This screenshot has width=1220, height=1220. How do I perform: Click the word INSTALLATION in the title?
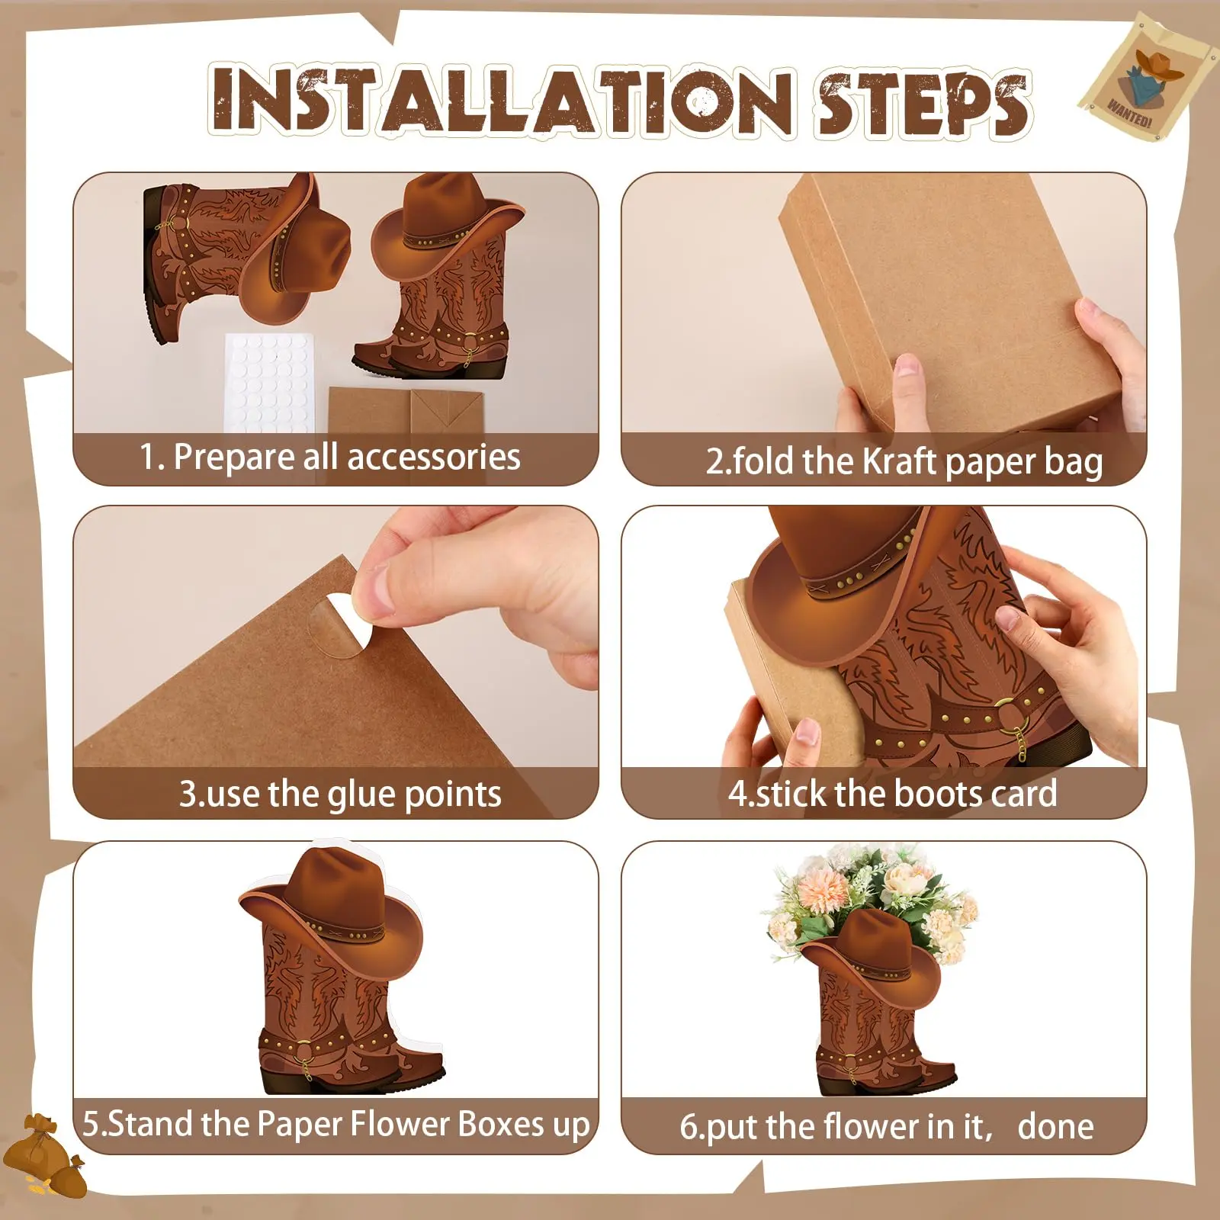tap(501, 101)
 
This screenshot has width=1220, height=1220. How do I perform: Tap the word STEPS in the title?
tap(923, 103)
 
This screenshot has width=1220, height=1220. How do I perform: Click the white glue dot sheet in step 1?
tap(268, 381)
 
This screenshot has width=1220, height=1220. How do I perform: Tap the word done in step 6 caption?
tap(1055, 1126)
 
